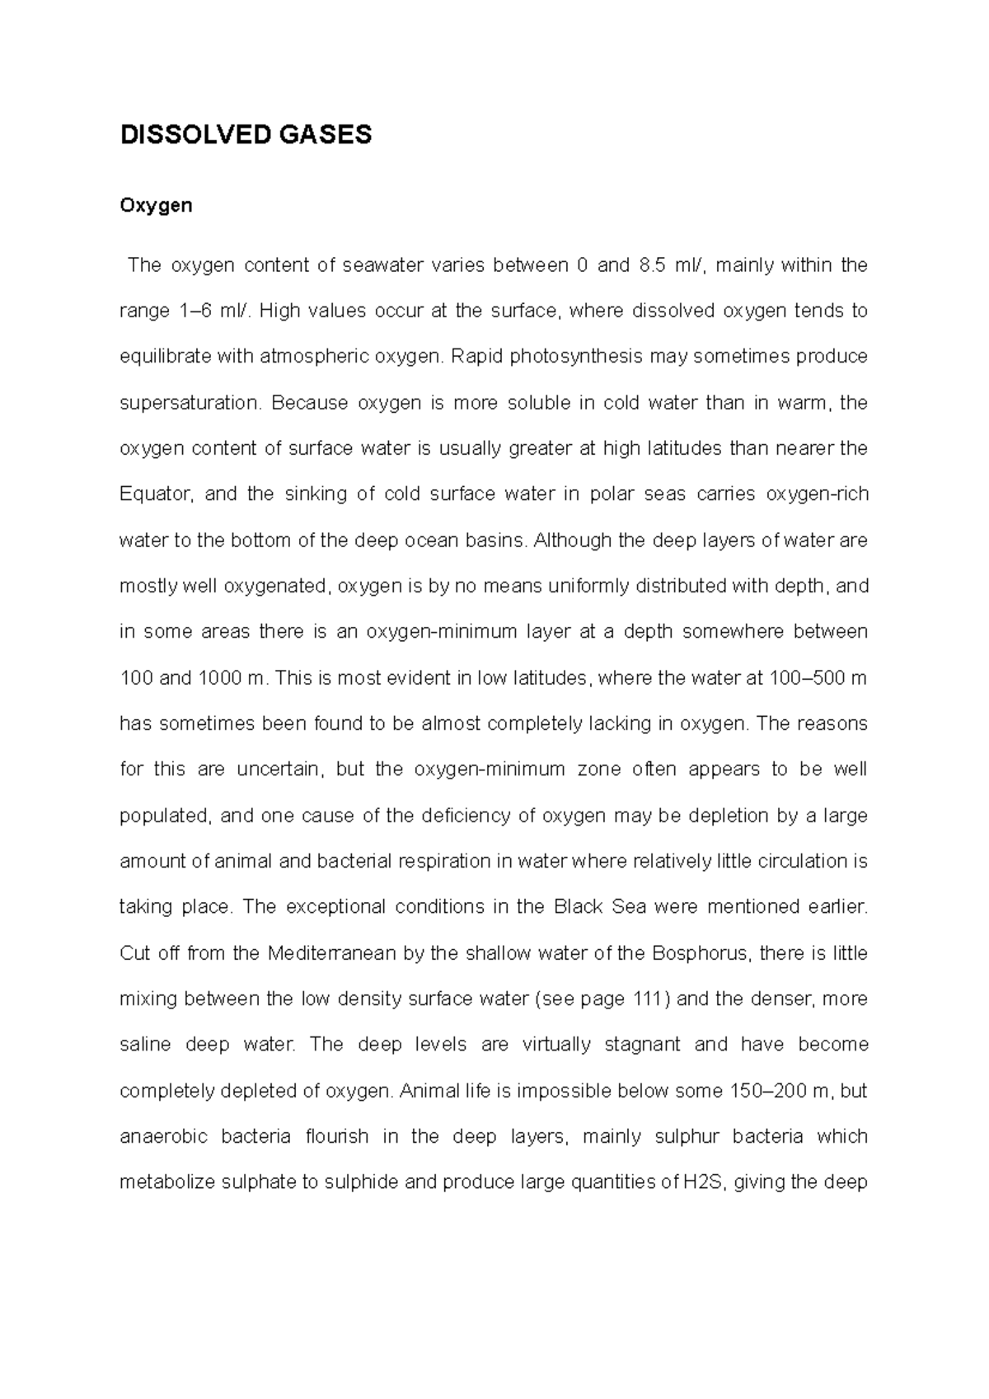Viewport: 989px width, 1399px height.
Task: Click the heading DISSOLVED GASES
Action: [246, 134]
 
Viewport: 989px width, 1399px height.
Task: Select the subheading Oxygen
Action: [156, 205]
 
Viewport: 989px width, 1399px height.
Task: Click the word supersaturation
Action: [190, 403]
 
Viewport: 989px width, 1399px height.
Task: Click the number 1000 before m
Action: [218, 678]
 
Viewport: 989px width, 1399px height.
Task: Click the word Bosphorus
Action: [700, 953]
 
